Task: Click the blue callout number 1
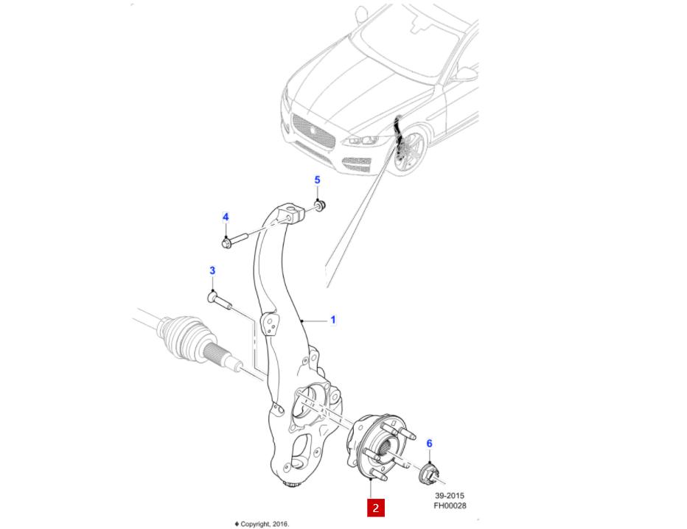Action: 332,320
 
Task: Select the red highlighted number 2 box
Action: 376,507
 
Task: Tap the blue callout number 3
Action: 212,271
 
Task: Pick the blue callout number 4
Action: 226,217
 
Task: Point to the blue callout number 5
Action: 318,180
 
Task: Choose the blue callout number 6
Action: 430,444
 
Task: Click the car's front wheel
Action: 410,152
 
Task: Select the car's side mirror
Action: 465,73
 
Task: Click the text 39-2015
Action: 449,496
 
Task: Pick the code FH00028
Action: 449,506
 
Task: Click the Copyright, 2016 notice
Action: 262,524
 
